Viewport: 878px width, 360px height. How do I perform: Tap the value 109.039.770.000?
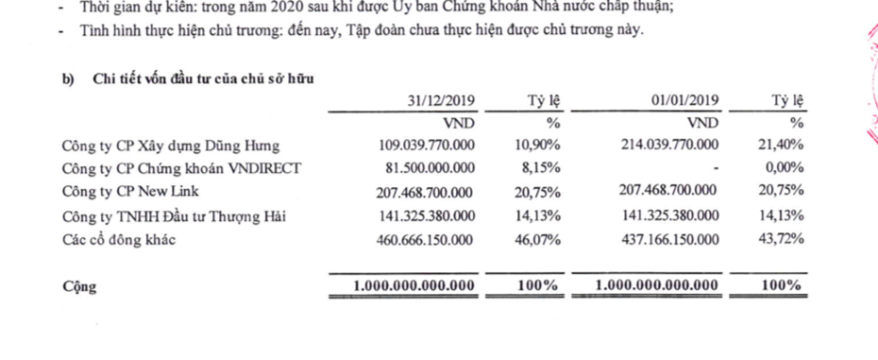pyautogui.click(x=420, y=146)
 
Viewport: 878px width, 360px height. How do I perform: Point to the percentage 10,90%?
pyautogui.click(x=537, y=146)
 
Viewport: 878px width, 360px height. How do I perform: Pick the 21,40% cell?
pyautogui.click(x=782, y=146)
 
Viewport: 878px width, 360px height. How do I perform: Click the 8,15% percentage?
pyautogui.click(x=541, y=169)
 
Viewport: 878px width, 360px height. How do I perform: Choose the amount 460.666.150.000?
pyautogui.click(x=420, y=240)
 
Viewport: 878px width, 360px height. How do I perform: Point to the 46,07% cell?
pyautogui.click(x=537, y=240)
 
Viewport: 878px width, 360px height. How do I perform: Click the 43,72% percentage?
pyautogui.click(x=782, y=240)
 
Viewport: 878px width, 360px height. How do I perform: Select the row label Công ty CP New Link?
pyautogui.click(x=131, y=193)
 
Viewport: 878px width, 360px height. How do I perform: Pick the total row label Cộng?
pyautogui.click(x=78, y=286)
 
